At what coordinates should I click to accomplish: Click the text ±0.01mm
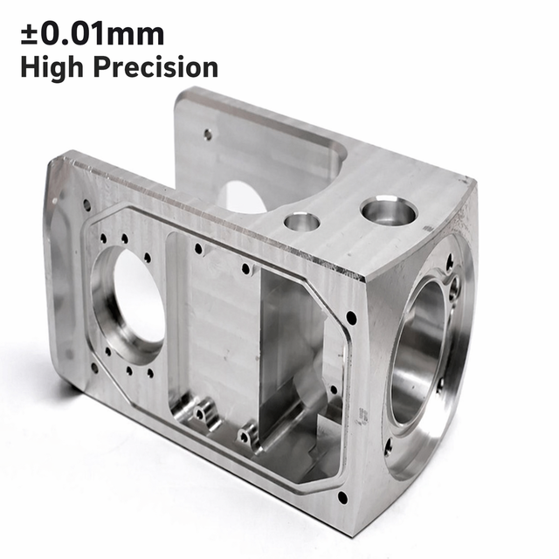[x=93, y=34]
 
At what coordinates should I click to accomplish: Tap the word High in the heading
[x=52, y=68]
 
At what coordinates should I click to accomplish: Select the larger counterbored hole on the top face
[x=389, y=211]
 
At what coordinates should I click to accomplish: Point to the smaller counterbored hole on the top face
[x=302, y=222]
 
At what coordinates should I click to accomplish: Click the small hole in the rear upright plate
[x=208, y=134]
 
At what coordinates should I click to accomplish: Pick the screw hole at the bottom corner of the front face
[x=342, y=497]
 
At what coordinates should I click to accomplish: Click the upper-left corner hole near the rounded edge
[x=86, y=204]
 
